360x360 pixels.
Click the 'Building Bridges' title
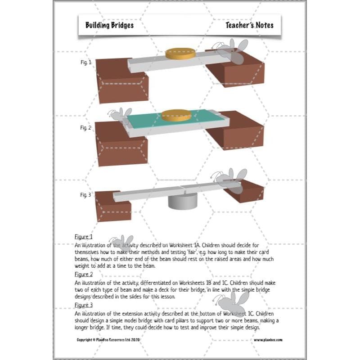tap(109, 25)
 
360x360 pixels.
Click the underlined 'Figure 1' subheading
tap(84, 237)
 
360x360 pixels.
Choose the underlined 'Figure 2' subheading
tap(84, 274)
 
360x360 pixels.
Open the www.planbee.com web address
tap(268, 340)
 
